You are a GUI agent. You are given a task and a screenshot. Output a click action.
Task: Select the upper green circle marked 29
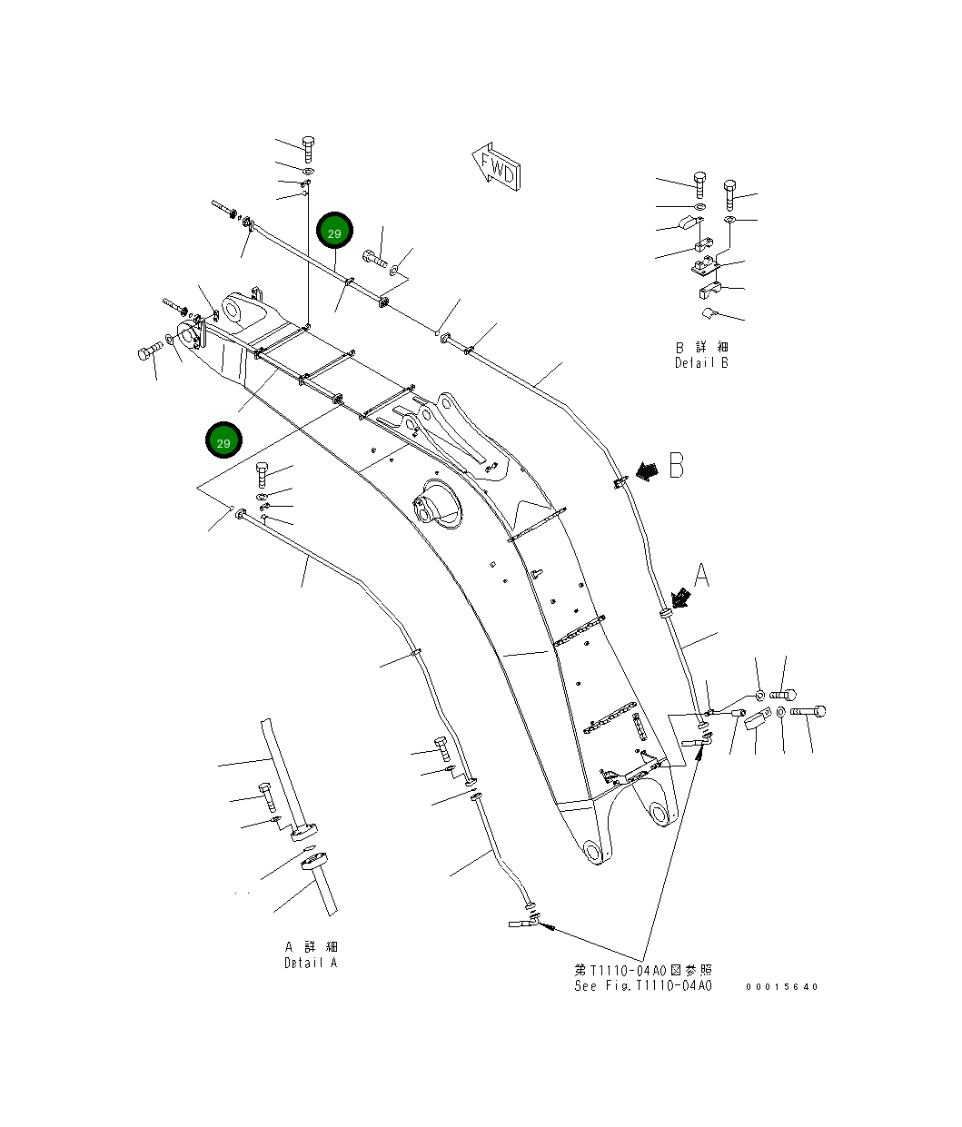(x=334, y=232)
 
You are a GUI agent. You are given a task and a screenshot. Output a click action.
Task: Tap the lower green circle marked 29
(x=223, y=441)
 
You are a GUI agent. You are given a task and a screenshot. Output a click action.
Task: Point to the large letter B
(x=676, y=465)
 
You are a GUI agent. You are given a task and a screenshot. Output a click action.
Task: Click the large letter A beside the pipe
(x=701, y=575)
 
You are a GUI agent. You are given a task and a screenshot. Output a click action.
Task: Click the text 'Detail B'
(x=701, y=363)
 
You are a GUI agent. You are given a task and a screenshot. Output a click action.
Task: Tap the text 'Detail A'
(x=310, y=963)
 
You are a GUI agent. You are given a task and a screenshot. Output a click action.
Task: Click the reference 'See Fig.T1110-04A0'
(x=642, y=986)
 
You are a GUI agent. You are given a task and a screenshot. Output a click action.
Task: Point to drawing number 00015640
(x=781, y=987)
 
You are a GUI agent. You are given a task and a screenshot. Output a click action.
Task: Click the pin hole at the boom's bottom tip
(x=593, y=852)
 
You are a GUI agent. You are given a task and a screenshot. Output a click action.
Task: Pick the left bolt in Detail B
(x=698, y=184)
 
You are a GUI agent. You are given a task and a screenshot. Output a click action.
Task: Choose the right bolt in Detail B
(x=730, y=193)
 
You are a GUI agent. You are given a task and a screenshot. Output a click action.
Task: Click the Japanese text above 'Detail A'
(x=310, y=947)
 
